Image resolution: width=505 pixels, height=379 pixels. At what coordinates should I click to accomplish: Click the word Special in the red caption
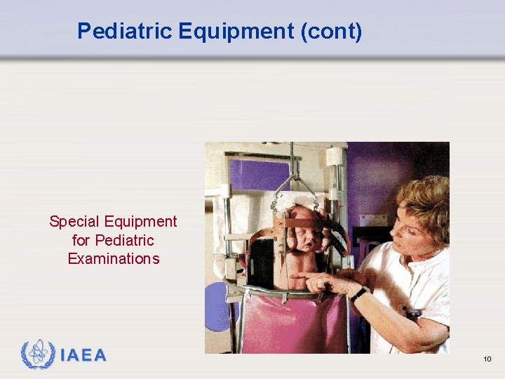click(x=74, y=222)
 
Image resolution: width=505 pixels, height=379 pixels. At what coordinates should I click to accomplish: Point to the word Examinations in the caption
click(x=114, y=259)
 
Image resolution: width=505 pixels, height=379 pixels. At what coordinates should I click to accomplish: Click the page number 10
click(x=487, y=359)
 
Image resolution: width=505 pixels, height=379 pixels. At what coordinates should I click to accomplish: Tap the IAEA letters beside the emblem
click(x=83, y=356)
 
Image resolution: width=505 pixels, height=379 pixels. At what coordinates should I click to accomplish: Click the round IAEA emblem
click(x=37, y=355)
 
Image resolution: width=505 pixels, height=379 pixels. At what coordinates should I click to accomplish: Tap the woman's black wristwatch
click(x=359, y=293)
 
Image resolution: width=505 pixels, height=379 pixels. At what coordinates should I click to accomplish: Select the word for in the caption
click(x=81, y=241)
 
